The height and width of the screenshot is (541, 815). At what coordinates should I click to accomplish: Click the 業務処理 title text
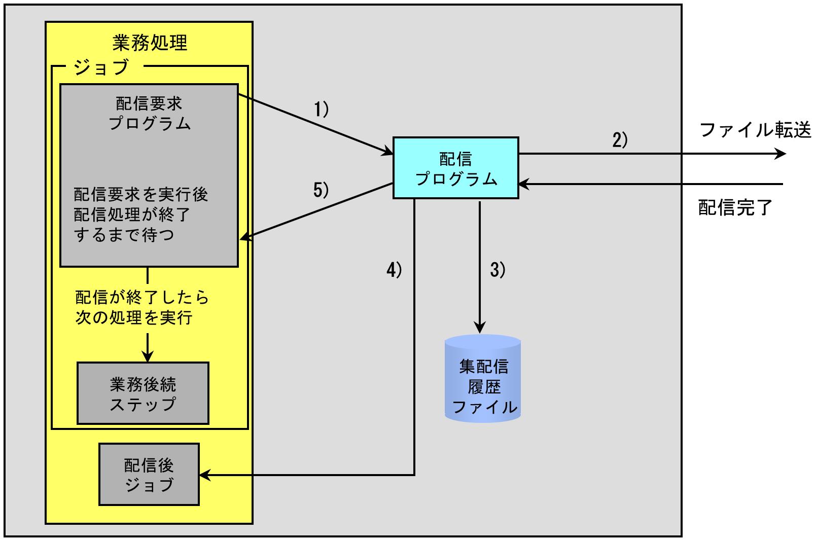[x=150, y=43]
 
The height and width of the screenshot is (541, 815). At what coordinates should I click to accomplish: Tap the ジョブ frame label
[x=101, y=66]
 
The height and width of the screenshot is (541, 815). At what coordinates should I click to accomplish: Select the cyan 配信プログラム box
[x=455, y=168]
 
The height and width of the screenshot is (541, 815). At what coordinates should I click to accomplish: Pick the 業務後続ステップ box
[x=143, y=393]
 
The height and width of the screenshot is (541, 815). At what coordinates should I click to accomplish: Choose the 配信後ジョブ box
[x=149, y=475]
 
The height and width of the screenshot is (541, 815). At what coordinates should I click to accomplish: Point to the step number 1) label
[x=322, y=110]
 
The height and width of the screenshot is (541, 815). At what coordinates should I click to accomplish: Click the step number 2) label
[x=620, y=140]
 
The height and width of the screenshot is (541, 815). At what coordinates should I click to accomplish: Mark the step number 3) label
[x=498, y=270]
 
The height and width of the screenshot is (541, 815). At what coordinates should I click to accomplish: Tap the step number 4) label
[x=394, y=270]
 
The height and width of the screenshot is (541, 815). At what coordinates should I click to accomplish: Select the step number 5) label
[x=321, y=190]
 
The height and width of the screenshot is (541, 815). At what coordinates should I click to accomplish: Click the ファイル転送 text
[x=755, y=130]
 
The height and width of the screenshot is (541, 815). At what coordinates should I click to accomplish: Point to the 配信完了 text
[x=735, y=207]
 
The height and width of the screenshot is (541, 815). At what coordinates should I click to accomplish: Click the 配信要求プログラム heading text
[x=149, y=114]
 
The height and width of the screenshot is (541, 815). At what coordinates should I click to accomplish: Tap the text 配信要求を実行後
[x=141, y=194]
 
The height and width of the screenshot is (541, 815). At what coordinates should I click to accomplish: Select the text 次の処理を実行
[x=134, y=317]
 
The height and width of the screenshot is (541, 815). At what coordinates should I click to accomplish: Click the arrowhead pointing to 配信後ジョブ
[x=204, y=475]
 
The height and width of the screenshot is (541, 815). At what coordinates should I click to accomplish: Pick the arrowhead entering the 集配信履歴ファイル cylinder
[x=480, y=328]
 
